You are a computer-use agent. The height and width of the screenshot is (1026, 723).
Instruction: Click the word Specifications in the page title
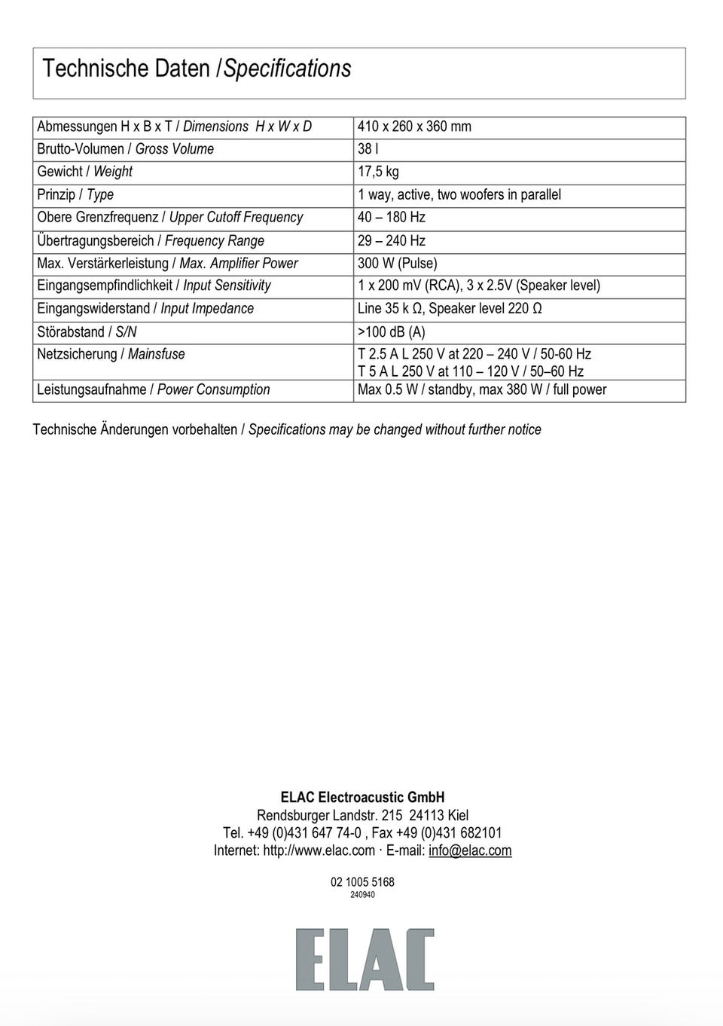[287, 69]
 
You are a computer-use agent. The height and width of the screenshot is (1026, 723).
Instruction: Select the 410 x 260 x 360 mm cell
[414, 127]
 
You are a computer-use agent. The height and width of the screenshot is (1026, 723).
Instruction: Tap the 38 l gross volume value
[368, 149]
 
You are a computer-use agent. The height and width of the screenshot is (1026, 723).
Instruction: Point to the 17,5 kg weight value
[378, 172]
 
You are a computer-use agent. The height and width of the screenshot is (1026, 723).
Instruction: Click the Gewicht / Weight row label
[84, 172]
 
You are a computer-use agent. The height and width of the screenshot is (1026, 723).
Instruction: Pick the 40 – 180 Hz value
[391, 218]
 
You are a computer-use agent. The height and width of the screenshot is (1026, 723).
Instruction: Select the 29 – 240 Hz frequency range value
[391, 241]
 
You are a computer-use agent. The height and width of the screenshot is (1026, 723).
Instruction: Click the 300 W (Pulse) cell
[397, 264]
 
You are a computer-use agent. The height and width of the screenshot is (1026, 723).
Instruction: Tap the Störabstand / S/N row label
[87, 332]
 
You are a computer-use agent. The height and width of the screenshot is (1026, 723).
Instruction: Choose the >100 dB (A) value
[391, 332]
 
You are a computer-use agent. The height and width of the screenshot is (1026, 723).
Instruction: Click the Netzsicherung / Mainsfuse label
[111, 354]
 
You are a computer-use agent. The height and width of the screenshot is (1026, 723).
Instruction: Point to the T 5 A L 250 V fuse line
[470, 371]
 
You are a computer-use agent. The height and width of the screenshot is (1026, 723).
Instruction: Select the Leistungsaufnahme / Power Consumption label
[153, 389]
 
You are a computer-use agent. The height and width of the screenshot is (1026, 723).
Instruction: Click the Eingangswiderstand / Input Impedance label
[145, 309]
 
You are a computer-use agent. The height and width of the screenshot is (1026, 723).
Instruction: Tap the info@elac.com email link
[470, 850]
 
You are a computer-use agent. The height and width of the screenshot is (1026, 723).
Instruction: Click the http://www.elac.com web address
[319, 850]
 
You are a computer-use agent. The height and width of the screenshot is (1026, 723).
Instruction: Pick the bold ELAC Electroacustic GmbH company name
[362, 797]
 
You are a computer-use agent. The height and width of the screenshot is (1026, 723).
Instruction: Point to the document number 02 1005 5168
[362, 882]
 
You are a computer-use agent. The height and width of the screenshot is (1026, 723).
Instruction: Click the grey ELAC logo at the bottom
[365, 959]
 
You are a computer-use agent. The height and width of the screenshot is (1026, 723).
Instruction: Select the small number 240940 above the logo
[362, 895]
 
